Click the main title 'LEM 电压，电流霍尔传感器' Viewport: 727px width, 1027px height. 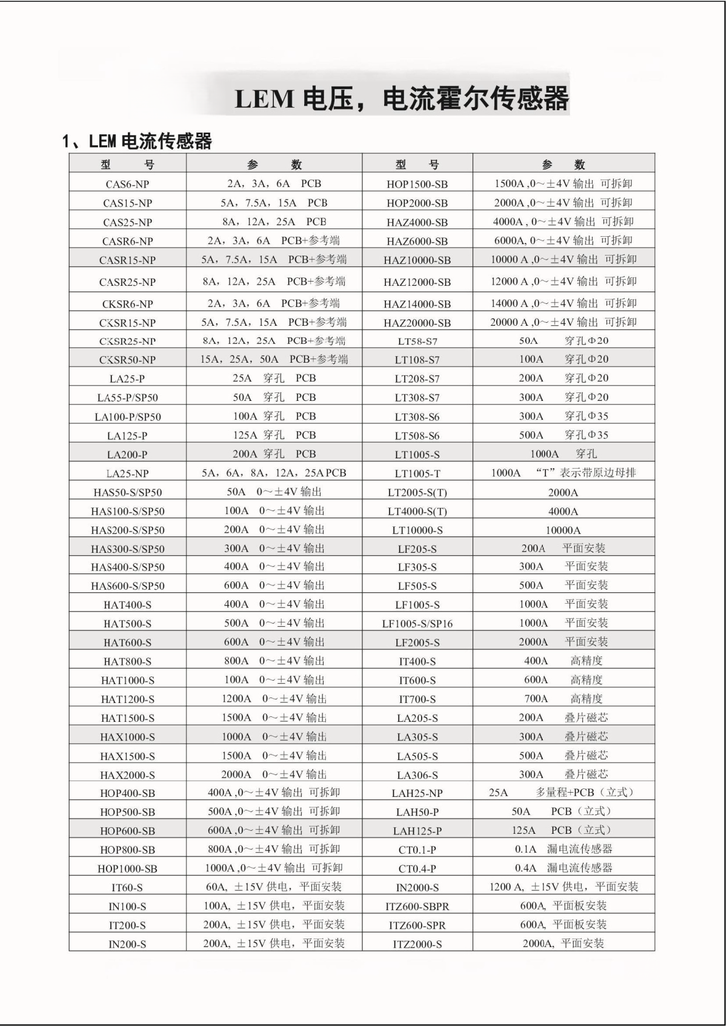tap(401, 99)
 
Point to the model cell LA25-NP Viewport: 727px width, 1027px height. tap(127, 474)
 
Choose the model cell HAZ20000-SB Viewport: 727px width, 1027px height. tap(417, 323)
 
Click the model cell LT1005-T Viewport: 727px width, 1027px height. tap(417, 474)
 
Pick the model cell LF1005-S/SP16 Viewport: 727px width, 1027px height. tap(417, 624)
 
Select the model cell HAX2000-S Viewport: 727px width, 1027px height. tap(127, 774)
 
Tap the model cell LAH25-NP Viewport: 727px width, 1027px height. tap(417, 793)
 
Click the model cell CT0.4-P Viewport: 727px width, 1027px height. tap(417, 868)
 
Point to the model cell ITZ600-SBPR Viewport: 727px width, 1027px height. tap(417, 906)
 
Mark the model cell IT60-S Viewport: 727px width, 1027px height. tap(127, 888)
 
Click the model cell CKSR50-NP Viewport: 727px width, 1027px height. tap(127, 360)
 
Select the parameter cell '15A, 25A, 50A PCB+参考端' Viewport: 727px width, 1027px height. tap(274, 360)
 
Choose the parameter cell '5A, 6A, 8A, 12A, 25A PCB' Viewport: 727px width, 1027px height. tap(274, 473)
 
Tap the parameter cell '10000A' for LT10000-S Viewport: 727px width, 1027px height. tap(563, 530)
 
